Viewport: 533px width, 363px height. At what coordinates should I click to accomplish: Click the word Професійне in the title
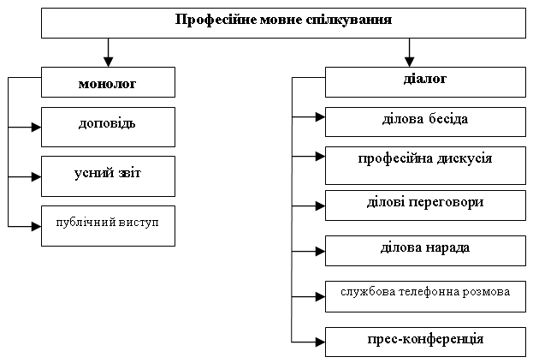click(x=216, y=20)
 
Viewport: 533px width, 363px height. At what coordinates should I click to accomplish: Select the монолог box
click(x=108, y=82)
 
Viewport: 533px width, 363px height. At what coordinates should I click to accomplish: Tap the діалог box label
click(x=425, y=79)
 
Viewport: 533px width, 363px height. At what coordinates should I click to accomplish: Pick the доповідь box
click(x=108, y=127)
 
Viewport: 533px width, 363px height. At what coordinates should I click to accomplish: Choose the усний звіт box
click(x=108, y=176)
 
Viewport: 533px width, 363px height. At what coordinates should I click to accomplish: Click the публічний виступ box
click(x=108, y=225)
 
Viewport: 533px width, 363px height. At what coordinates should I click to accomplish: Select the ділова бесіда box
click(x=425, y=122)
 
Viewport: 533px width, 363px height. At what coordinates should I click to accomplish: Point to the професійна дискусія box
click(x=425, y=166)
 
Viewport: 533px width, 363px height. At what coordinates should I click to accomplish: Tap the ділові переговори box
click(x=425, y=205)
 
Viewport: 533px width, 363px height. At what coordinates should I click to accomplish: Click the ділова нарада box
click(x=425, y=251)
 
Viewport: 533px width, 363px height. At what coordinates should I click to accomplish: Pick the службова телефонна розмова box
click(x=425, y=296)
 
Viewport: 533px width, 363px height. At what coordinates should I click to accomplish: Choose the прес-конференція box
click(x=425, y=342)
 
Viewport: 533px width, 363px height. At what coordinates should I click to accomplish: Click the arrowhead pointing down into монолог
click(x=108, y=62)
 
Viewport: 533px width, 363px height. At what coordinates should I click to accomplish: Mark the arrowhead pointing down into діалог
click(x=409, y=62)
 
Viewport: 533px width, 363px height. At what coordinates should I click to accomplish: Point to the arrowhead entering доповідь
click(x=37, y=128)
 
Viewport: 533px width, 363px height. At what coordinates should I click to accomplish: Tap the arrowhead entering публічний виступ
click(x=37, y=226)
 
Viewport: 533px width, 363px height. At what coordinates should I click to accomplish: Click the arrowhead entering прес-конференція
click(x=320, y=342)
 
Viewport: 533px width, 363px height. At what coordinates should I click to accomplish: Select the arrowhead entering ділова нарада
click(x=320, y=252)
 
